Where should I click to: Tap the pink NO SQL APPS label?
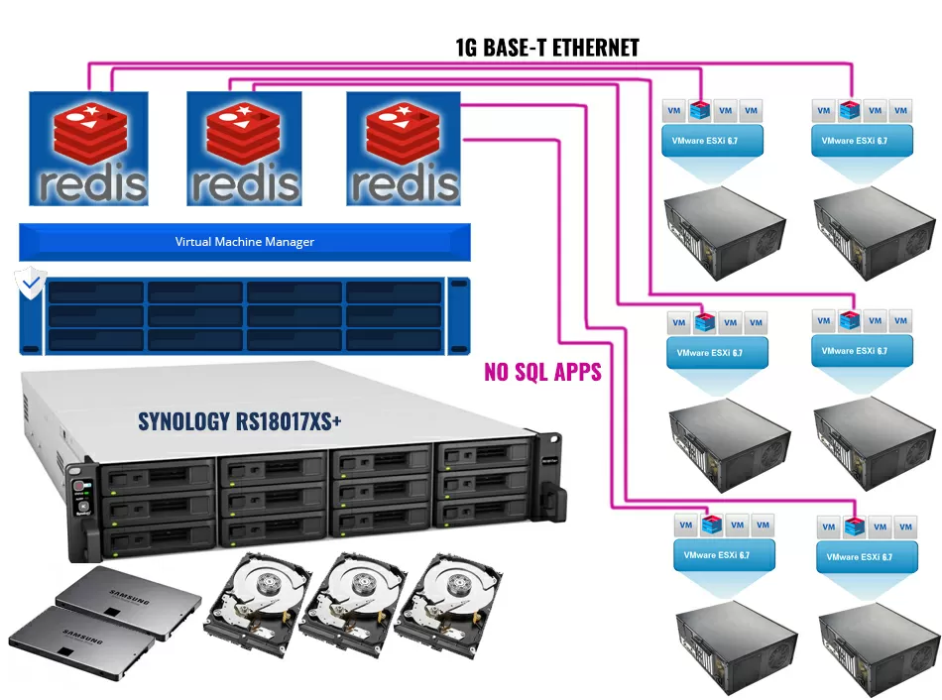point(542,372)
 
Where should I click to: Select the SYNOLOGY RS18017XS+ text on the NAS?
point(240,421)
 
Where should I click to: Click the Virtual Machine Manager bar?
point(244,242)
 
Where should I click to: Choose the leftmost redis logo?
point(88,149)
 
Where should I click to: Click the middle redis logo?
point(245,149)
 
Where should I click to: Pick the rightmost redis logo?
point(404,149)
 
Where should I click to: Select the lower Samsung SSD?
point(81,641)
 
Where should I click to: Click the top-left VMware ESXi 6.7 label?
point(712,141)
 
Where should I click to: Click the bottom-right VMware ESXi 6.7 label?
point(859,556)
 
